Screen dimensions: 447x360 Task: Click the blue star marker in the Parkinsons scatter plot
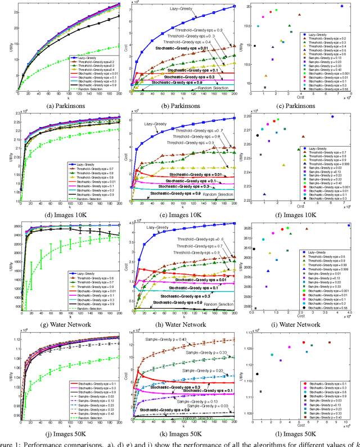pyautogui.click(x=341, y=6)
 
